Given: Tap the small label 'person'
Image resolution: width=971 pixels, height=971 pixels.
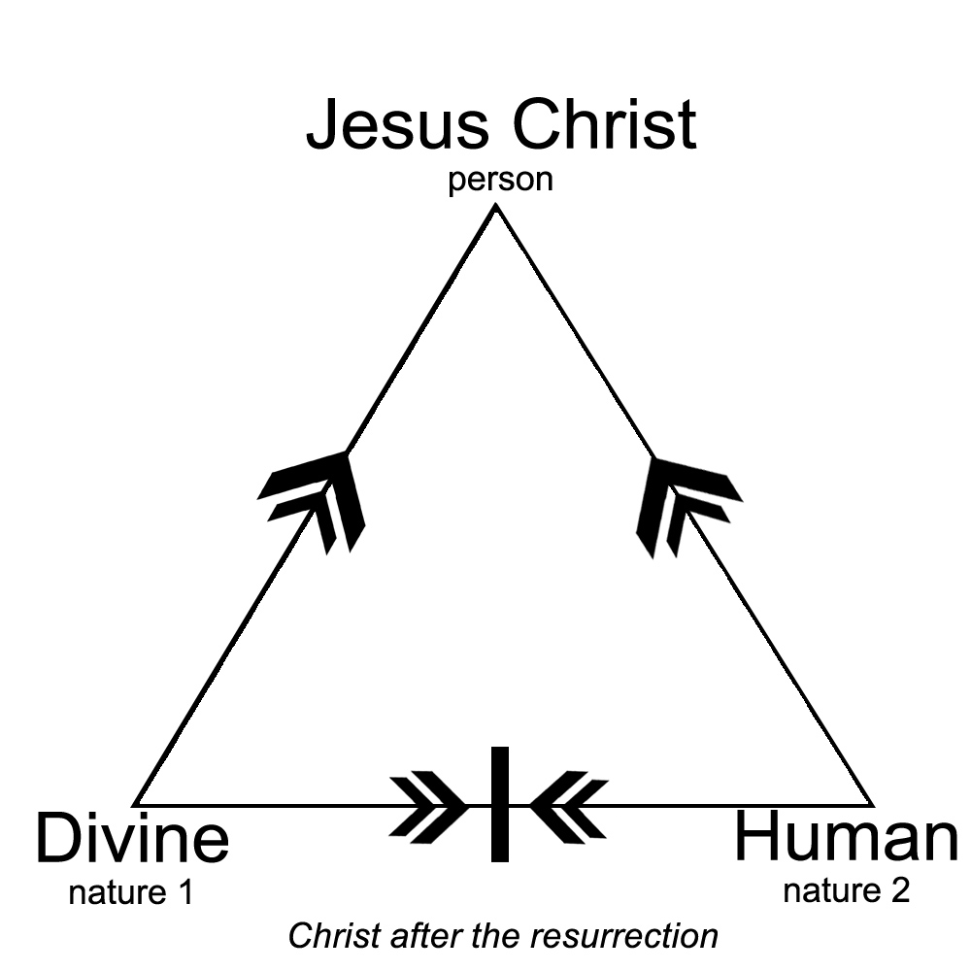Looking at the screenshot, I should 500,181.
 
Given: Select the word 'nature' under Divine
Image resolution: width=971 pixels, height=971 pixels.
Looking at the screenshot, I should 113,892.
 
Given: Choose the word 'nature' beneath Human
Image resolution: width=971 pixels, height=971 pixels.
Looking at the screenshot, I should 827,889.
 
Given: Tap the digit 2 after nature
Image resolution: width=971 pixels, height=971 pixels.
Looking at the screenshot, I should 900,889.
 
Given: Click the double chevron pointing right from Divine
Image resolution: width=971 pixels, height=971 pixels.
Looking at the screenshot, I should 427,805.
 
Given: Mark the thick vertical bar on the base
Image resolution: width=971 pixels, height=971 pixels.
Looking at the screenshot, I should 499,804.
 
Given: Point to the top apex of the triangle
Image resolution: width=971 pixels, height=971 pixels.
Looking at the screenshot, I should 497,208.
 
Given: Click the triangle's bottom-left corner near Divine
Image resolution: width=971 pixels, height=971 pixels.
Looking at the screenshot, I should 136,804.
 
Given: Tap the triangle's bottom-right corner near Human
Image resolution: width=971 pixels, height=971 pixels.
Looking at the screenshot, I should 870,804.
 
